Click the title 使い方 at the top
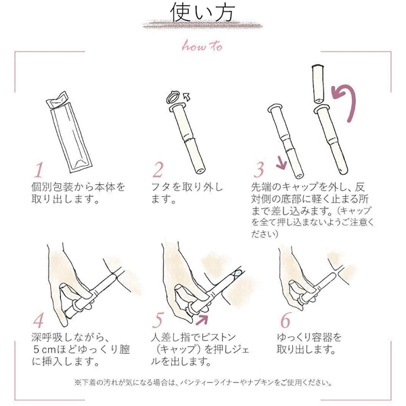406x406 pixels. click(x=202, y=13)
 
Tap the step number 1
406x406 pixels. click(x=39, y=168)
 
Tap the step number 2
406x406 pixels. click(x=160, y=168)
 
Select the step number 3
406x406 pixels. click(x=259, y=168)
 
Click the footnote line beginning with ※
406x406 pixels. click(x=202, y=382)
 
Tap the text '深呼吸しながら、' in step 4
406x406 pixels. click(x=70, y=336)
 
